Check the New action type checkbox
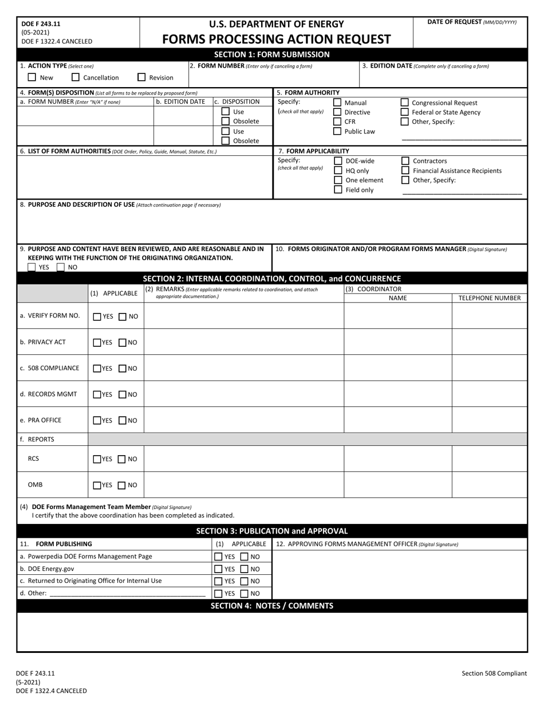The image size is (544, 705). point(32,77)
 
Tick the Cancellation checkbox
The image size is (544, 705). point(76,77)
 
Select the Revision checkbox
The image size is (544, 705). point(141,77)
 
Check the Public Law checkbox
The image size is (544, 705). point(337,131)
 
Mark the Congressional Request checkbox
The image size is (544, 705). point(405,103)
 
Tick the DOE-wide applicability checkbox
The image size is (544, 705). point(338,161)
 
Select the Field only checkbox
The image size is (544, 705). point(338,190)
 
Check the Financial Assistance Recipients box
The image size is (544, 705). point(405,171)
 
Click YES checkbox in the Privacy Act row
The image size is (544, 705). point(97,343)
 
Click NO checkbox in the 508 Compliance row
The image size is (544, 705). point(123,369)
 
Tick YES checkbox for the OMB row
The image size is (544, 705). point(97,485)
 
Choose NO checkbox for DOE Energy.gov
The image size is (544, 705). point(245,569)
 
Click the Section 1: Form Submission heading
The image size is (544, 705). point(272,54)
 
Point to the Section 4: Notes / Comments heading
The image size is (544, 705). point(272,606)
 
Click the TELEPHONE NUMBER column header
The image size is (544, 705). point(490,298)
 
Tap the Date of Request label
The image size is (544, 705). point(471,22)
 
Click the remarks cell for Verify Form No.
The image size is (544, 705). point(243,316)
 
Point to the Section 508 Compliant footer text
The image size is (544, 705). point(494,673)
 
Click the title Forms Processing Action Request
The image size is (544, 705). point(277,40)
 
